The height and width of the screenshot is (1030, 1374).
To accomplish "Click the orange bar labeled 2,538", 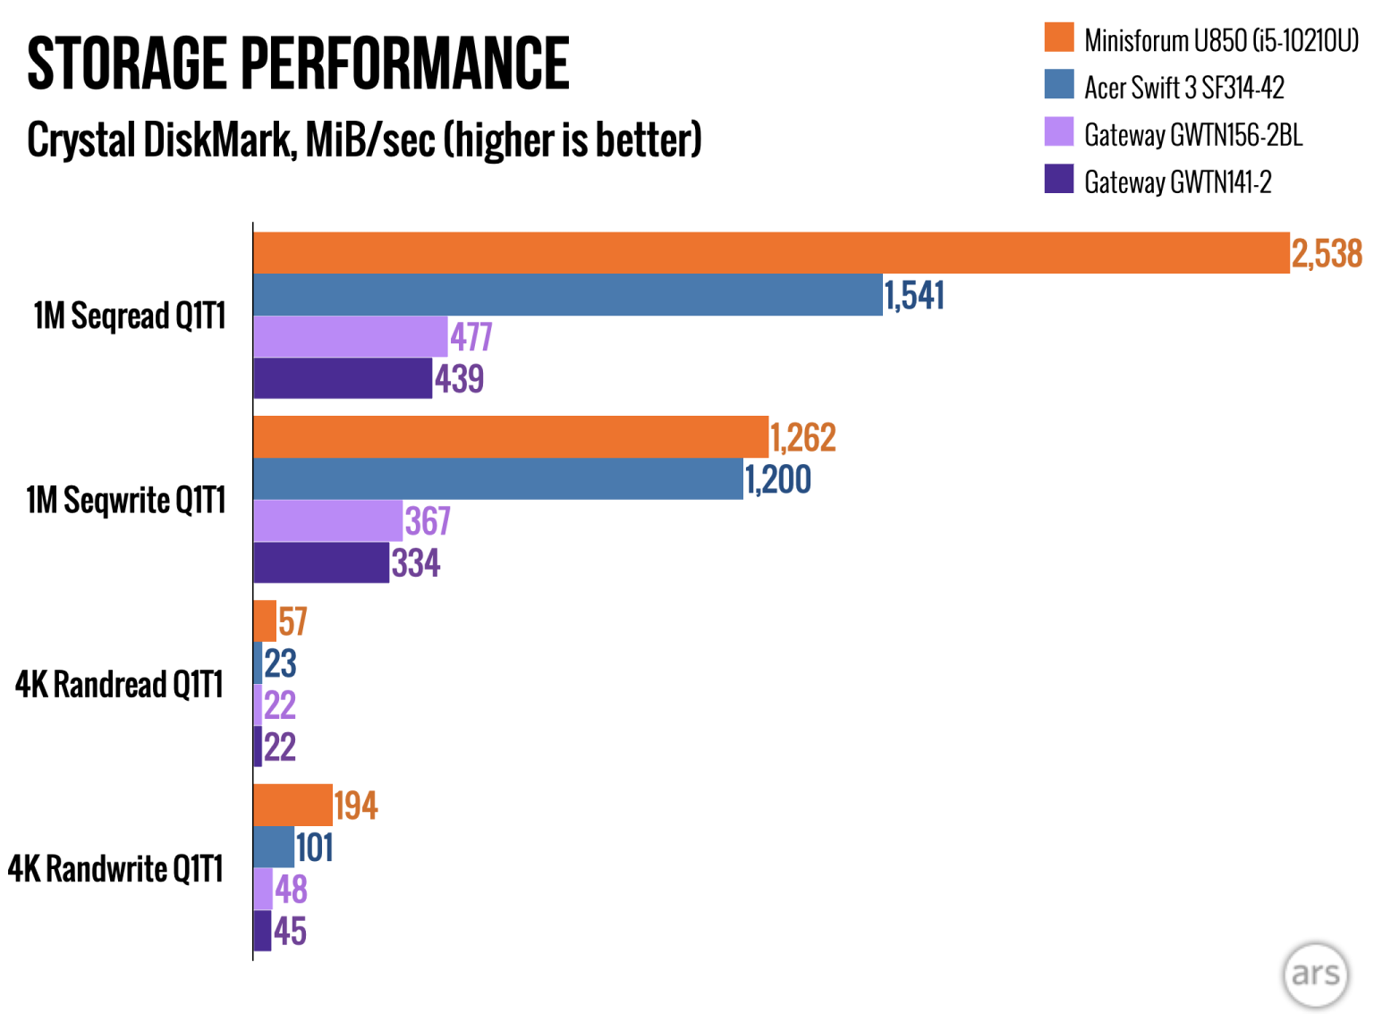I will tap(771, 253).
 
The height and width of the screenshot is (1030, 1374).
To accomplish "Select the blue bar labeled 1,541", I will tap(568, 295).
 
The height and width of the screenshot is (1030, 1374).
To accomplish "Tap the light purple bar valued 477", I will tap(351, 337).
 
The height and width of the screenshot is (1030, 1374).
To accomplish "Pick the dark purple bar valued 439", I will tap(343, 378).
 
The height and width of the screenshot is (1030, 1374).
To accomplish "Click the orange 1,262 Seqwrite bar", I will tap(511, 437).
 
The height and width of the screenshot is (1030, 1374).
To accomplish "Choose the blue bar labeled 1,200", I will tap(498, 479).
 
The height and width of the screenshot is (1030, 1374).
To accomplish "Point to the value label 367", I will tap(428, 521).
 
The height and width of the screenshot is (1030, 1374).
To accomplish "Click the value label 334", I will tap(416, 563).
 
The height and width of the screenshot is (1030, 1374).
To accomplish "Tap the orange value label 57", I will tap(293, 621).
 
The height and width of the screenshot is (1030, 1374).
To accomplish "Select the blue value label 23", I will tap(280, 663).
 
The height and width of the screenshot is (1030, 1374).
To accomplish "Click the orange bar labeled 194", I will tap(293, 806).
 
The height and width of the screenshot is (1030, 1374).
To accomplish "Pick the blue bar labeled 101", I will tap(274, 848).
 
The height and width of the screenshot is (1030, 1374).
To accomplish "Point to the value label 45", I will tap(290, 932).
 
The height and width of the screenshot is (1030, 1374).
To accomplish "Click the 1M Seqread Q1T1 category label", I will tap(130, 316).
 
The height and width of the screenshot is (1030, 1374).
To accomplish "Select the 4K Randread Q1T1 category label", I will tap(119, 685).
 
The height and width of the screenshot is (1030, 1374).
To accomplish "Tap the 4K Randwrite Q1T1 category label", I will tap(115, 869).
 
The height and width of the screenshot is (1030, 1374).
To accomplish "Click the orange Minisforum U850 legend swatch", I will tap(1059, 38).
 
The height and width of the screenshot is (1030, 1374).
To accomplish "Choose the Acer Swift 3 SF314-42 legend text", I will tap(1184, 88).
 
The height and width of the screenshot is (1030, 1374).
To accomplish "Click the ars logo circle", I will tap(1315, 975).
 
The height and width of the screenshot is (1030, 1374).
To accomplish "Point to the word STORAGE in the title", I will tap(126, 63).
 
